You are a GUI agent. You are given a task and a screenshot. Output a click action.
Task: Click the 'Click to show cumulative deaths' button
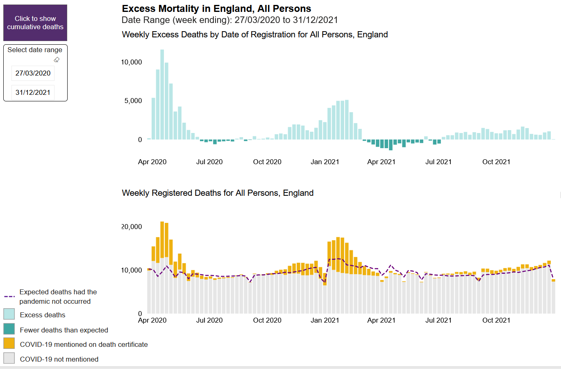click(x=35, y=23)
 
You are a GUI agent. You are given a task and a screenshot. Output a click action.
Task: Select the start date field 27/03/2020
click(x=33, y=73)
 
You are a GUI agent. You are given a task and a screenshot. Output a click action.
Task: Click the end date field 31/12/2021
click(x=33, y=92)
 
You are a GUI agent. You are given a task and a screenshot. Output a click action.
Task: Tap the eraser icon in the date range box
click(x=57, y=60)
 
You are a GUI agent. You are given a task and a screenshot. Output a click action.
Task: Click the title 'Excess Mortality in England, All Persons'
click(x=216, y=9)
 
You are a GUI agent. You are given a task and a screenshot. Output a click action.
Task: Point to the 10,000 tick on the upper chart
click(x=131, y=62)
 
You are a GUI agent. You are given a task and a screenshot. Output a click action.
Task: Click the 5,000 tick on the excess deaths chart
click(x=133, y=101)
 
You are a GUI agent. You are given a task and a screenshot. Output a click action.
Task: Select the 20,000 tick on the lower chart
click(x=131, y=227)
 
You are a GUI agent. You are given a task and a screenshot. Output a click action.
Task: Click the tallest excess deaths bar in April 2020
click(x=162, y=94)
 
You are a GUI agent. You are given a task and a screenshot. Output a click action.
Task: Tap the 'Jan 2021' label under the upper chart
click(x=325, y=162)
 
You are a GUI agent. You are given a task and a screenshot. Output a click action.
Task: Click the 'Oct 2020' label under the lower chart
click(x=267, y=320)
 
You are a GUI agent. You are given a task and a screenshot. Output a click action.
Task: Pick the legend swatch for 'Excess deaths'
click(x=9, y=314)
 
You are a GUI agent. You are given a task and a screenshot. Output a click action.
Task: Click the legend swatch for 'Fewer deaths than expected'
click(x=9, y=329)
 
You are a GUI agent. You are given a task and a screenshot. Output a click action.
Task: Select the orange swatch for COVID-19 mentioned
click(x=9, y=344)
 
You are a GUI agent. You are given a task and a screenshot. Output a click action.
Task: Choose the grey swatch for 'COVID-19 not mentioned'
click(x=9, y=358)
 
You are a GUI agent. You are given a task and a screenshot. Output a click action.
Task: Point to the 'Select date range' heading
click(x=35, y=50)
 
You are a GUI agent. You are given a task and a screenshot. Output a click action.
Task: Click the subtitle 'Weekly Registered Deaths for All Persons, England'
click(x=218, y=193)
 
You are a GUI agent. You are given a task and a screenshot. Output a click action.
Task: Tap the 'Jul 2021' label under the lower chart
click(x=438, y=320)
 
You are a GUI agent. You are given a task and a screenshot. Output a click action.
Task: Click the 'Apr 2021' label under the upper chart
click(x=381, y=162)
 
